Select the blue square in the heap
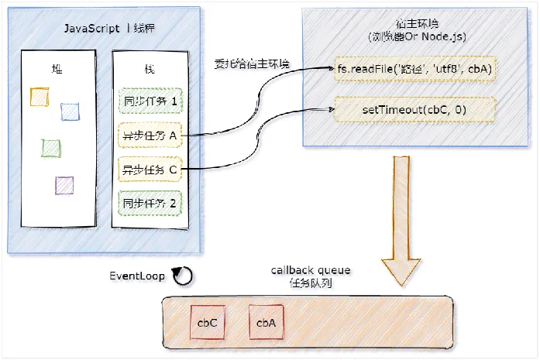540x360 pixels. [x=71, y=111]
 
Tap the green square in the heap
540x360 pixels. [x=51, y=147]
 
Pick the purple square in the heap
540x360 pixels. [x=65, y=185]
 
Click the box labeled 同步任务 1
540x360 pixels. [x=150, y=101]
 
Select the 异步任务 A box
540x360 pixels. [x=150, y=135]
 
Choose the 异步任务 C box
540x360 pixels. [x=150, y=169]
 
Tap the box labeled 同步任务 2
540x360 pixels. [x=150, y=203]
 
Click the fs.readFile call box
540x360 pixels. [x=414, y=70]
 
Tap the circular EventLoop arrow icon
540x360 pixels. [x=182, y=276]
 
